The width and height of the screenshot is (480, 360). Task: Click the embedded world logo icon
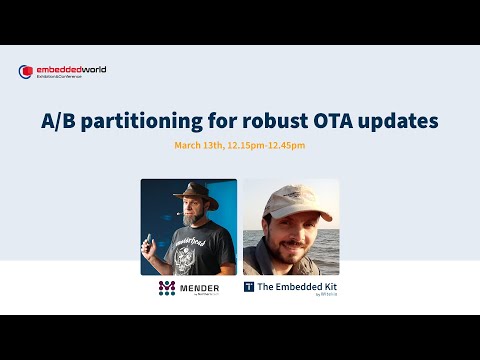[26, 71]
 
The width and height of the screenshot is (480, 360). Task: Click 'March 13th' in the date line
[200, 145]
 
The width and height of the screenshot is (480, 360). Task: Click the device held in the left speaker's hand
[150, 240]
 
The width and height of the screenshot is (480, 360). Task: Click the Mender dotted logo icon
[166, 288]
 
